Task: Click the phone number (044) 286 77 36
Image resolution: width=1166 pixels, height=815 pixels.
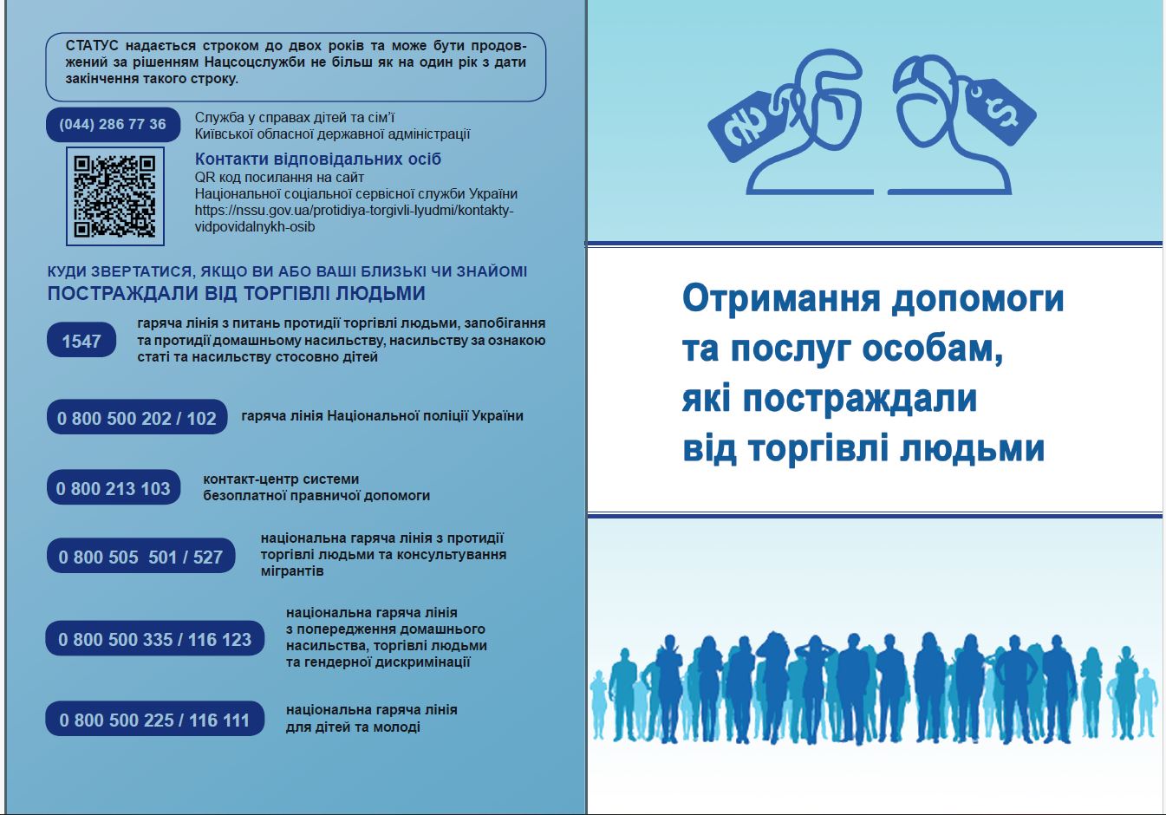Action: (x=113, y=124)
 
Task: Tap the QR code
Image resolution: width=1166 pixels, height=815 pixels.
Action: (x=115, y=196)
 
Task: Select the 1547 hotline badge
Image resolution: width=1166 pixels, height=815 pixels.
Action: (x=81, y=340)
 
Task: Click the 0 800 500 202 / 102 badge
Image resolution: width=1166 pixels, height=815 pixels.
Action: (x=137, y=417)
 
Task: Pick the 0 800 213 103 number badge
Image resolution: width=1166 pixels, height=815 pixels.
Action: (x=114, y=487)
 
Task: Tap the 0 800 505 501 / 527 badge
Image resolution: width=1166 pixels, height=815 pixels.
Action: (x=140, y=556)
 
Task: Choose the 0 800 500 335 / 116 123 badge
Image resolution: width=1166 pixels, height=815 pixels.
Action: (x=155, y=638)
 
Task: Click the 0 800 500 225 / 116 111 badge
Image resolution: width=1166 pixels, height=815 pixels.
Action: (x=155, y=719)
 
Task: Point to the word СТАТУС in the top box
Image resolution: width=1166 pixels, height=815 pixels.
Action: (x=92, y=46)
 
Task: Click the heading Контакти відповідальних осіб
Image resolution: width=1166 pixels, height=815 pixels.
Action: (x=317, y=159)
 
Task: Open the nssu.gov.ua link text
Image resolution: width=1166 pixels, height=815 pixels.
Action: (x=354, y=218)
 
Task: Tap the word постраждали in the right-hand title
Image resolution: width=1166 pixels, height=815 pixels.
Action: (x=860, y=399)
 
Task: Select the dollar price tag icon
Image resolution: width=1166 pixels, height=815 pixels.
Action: (x=1000, y=111)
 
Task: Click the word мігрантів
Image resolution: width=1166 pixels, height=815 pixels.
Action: (x=292, y=570)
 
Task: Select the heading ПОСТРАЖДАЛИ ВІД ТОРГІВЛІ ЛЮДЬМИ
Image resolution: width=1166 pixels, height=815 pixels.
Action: (x=237, y=294)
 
